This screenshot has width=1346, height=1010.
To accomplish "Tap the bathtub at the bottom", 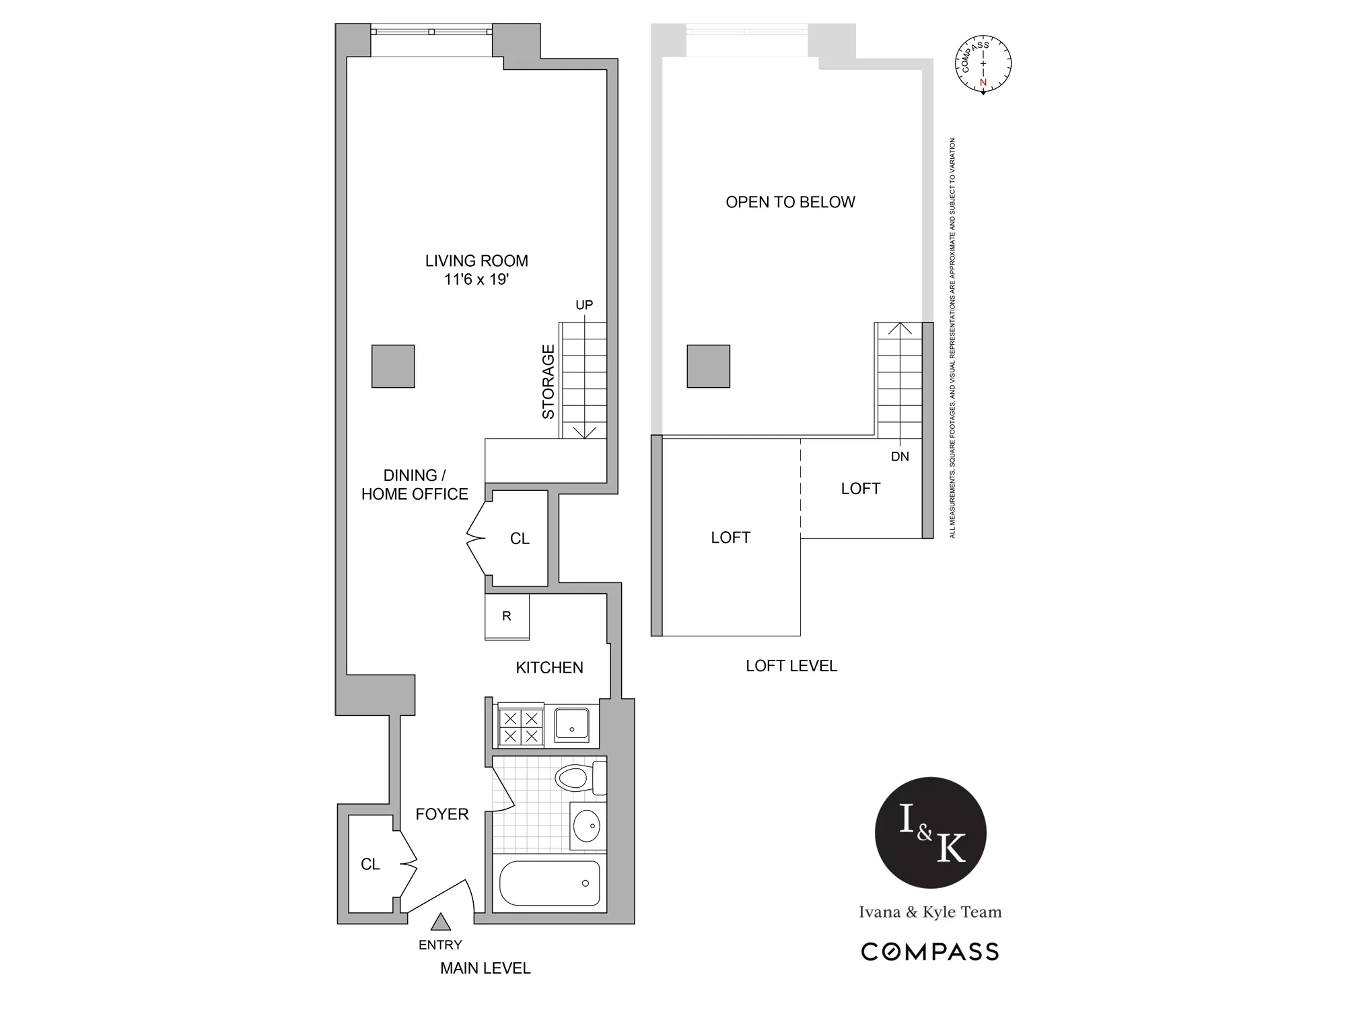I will [550, 883].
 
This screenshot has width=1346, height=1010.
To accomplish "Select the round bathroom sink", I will [588, 826].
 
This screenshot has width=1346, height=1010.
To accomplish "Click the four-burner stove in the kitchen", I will [521, 727].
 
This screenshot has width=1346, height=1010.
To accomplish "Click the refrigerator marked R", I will [507, 616].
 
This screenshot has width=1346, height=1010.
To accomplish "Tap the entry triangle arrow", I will [440, 922].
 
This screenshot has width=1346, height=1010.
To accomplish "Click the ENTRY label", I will [440, 945].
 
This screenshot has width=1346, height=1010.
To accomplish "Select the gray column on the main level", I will [393, 366].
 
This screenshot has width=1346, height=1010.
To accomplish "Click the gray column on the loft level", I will [708, 366].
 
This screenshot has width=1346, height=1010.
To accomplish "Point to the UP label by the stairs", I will [584, 305].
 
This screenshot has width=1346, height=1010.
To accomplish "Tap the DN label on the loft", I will [900, 457].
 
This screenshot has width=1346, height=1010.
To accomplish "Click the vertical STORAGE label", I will [548, 382].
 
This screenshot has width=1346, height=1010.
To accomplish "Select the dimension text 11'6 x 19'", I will [476, 279].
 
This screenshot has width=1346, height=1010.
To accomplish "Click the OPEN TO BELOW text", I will [790, 202].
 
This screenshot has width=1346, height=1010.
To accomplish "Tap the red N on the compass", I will [983, 82].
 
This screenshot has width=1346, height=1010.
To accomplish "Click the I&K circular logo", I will [930, 833].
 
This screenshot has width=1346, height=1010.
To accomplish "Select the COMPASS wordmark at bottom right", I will [930, 951].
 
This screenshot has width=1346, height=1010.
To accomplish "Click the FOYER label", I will [441, 814].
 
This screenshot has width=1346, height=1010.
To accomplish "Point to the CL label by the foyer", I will [370, 864].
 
